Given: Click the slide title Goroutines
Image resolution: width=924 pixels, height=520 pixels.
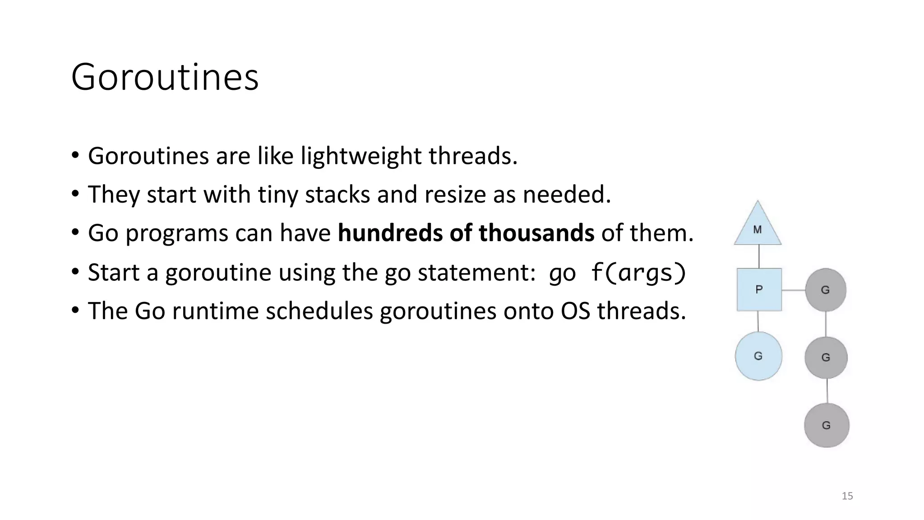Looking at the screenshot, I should click(165, 77).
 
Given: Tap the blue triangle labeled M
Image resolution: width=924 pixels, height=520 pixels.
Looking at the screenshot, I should click(758, 227).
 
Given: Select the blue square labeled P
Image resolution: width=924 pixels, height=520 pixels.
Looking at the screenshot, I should click(759, 289).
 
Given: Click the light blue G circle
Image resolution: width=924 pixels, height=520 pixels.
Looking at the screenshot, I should click(758, 356).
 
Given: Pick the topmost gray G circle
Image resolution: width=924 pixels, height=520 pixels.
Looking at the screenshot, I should click(825, 290).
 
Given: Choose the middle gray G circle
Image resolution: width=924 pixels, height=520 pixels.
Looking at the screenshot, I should click(826, 357).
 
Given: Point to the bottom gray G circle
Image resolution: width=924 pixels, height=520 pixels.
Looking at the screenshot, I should click(827, 425).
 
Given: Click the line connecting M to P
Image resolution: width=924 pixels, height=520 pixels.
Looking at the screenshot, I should click(759, 256).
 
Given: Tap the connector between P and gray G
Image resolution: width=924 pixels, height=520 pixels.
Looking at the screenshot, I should click(794, 290).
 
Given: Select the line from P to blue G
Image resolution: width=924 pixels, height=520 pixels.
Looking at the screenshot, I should click(758, 321).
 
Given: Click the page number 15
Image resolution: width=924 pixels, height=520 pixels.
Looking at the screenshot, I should click(847, 496).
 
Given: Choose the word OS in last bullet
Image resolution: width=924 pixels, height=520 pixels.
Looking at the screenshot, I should click(575, 311).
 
